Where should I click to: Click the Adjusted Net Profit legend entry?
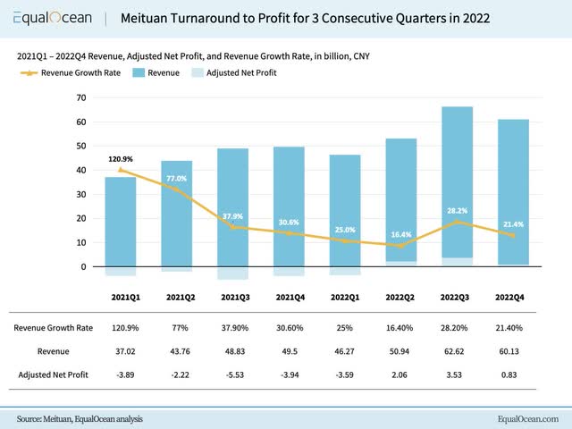click(230, 72)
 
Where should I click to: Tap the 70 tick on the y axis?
click(80, 97)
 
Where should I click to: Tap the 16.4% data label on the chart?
click(400, 235)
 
